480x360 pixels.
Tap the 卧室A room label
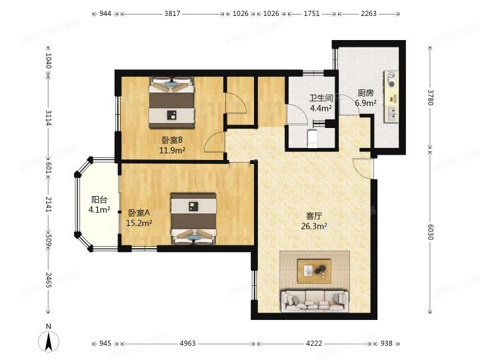point(139,213)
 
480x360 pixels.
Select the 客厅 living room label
point(315,216)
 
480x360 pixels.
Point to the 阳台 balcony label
point(99,199)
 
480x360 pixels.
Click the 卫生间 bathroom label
point(320,98)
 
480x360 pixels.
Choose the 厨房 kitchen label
point(365,93)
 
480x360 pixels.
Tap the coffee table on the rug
point(314,270)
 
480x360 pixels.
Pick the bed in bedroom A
point(193,217)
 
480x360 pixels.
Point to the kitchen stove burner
point(392,83)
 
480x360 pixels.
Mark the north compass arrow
point(49,341)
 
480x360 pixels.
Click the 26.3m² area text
point(315,225)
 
